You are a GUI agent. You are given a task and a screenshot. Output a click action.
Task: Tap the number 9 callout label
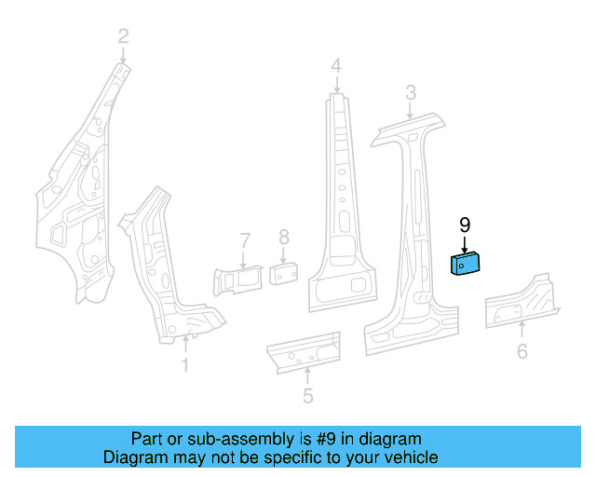tap(465, 225)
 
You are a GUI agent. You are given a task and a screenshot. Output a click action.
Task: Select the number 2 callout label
tap(123, 37)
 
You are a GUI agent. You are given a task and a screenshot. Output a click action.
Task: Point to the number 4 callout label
tap(335, 65)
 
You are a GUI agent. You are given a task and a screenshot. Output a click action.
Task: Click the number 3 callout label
tap(410, 92)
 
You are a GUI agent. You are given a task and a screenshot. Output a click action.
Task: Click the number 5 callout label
tap(307, 396)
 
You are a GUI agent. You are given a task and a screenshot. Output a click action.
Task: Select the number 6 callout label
tap(521, 351)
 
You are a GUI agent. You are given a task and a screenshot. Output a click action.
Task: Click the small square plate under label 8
tap(283, 273)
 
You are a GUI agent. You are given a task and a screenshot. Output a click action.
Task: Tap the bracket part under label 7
tap(239, 279)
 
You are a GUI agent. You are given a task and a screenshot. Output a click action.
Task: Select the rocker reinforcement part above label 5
tap(303, 351)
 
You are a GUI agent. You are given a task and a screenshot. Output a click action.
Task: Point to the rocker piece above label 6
tap(521, 300)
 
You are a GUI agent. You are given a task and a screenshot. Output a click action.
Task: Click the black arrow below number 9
tap(465, 244)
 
